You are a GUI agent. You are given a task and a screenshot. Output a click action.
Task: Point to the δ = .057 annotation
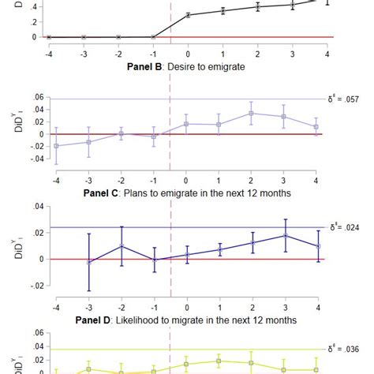[x=346, y=99]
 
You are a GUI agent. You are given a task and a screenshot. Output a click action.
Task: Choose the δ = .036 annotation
[x=346, y=348]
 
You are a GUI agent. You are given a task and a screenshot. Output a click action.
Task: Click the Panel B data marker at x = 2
[x=252, y=113]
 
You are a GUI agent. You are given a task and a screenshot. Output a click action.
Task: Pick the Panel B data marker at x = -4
[x=56, y=145]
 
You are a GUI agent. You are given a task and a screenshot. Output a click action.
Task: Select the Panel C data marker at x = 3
[x=285, y=235]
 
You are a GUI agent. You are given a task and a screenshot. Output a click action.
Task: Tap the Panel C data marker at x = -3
[x=89, y=261]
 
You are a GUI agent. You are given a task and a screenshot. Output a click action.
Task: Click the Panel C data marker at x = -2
[x=122, y=245]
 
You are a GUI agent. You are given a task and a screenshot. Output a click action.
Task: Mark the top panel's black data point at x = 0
[x=187, y=15]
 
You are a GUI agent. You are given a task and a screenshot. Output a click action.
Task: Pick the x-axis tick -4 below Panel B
[x=56, y=182]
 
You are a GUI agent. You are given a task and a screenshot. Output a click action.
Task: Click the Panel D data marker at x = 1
[x=219, y=361]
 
